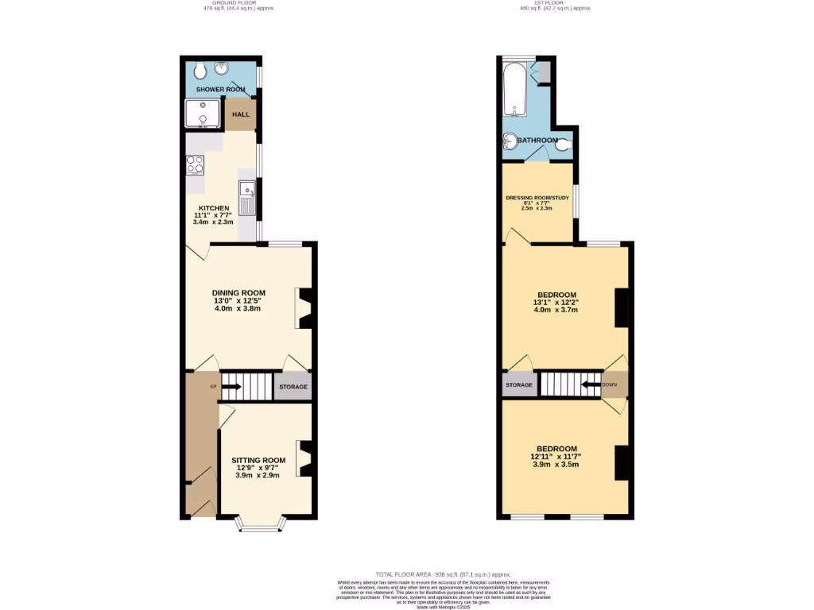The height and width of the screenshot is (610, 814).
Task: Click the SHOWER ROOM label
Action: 220,90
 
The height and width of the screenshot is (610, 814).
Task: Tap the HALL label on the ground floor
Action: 240,114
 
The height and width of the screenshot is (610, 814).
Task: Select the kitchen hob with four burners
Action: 196,165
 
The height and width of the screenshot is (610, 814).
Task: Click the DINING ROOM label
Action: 238,293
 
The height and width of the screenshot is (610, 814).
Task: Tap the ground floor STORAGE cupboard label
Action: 293,387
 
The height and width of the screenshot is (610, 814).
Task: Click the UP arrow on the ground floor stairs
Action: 231,387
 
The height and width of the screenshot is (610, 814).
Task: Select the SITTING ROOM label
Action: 258,460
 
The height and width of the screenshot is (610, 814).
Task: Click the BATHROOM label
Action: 538,141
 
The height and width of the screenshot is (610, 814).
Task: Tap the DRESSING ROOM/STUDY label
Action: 537,198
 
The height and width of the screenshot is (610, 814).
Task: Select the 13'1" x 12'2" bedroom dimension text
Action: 556,302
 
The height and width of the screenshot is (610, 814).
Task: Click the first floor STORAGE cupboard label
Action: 519,385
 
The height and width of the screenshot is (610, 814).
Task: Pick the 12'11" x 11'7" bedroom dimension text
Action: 556,457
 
